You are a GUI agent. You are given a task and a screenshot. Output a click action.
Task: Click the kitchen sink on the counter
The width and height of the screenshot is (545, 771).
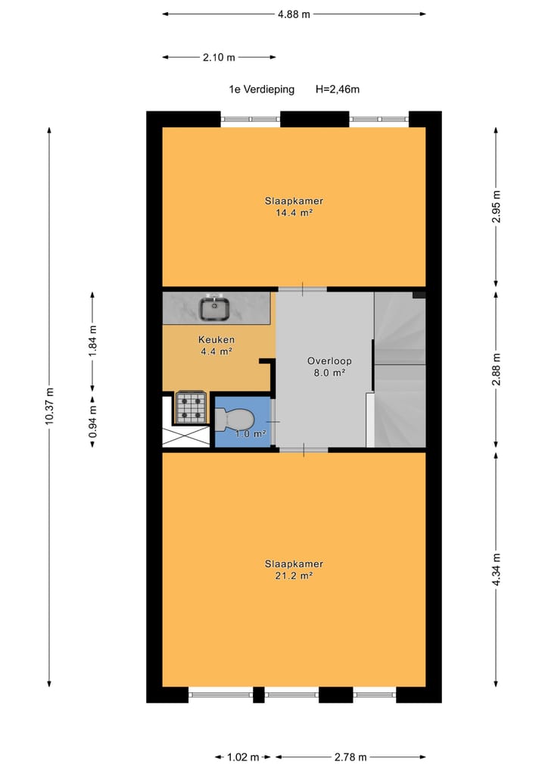pos(215,308)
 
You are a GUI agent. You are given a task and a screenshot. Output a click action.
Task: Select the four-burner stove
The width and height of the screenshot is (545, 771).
pos(191,407)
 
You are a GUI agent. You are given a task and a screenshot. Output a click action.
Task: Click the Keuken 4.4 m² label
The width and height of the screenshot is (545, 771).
pos(216,345)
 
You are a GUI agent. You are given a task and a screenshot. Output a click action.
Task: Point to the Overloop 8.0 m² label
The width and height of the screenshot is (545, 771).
pos(326,367)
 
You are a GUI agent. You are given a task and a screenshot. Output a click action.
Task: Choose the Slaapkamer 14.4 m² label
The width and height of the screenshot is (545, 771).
pos(294,207)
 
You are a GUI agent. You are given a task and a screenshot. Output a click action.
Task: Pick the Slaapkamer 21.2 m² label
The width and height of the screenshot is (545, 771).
pos(294,570)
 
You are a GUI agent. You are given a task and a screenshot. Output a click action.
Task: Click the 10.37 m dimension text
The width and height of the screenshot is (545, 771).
pos(50,407)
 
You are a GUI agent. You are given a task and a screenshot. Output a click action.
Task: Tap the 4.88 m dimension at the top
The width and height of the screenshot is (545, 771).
pos(294,14)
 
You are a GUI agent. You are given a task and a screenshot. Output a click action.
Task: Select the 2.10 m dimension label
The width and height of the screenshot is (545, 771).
pos(218,57)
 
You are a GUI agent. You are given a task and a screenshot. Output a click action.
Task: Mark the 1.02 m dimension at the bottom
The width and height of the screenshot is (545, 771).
pos(244,757)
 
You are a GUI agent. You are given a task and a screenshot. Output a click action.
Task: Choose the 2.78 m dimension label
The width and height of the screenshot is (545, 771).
pos(350,757)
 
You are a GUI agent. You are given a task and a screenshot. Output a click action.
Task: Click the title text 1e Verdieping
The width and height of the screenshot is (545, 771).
pos(261,89)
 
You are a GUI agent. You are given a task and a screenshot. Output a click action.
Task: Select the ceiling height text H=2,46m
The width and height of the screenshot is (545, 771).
pos(337,89)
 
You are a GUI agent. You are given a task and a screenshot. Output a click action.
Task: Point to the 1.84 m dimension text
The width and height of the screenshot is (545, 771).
pos(93,340)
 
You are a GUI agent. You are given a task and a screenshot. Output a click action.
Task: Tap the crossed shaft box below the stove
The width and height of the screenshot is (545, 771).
pos(185,435)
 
